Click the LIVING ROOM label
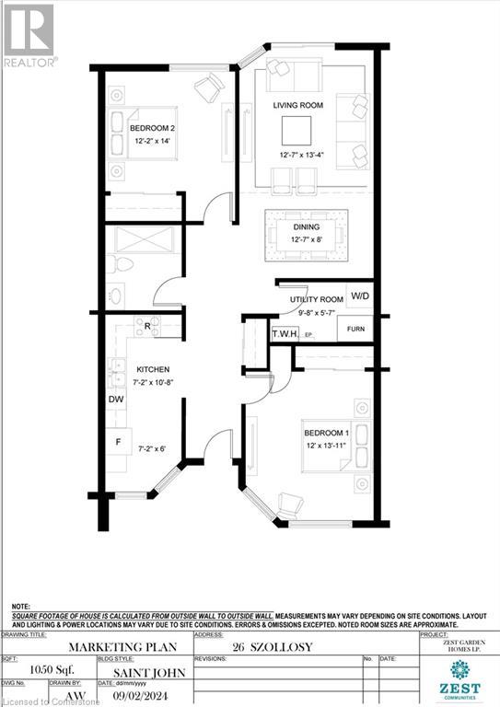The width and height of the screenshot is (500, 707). tap(297, 106)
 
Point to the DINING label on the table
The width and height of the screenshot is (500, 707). tap(307, 226)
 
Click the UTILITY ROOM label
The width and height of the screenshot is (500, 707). tap(310, 300)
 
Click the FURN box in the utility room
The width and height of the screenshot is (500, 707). tap(354, 328)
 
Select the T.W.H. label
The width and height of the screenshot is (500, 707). tap(285, 335)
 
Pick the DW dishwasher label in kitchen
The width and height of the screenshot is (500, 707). tap(115, 400)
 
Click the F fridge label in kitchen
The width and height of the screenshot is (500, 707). tap(117, 442)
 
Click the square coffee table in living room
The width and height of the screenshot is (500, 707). tap(297, 128)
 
